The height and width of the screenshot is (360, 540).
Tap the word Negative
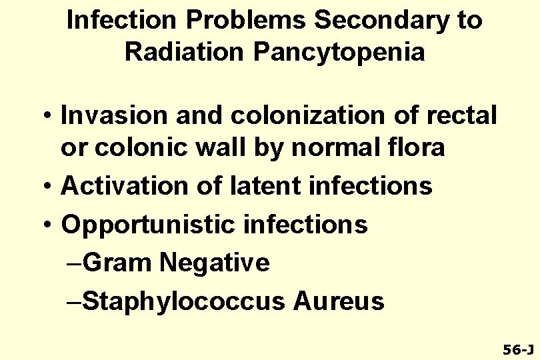point(215,263)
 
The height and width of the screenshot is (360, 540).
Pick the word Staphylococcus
point(184,301)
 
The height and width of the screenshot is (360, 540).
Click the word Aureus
point(339,301)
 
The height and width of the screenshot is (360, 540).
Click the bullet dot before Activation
point(49,187)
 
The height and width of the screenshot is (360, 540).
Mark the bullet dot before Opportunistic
point(49,226)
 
